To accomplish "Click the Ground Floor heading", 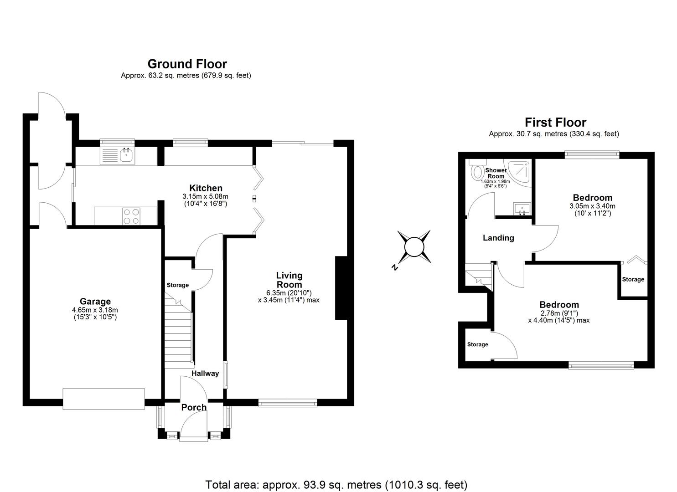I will pos(187,64).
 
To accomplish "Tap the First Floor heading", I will pos(555,122).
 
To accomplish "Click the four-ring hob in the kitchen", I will pos(131,216).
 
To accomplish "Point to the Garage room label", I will pos(95,301).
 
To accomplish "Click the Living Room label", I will pos(289,280).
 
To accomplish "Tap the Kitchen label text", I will pos(206,188).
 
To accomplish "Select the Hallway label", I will pos(205,373).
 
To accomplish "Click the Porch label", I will pos(194,407).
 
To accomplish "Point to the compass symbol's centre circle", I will pos(414,247).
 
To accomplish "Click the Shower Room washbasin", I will pos(522,209).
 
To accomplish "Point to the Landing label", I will pos(498,238).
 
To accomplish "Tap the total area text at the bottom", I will pos(336,484).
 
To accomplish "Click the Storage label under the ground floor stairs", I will pos(177,285).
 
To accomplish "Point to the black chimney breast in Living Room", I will pos(341,288).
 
